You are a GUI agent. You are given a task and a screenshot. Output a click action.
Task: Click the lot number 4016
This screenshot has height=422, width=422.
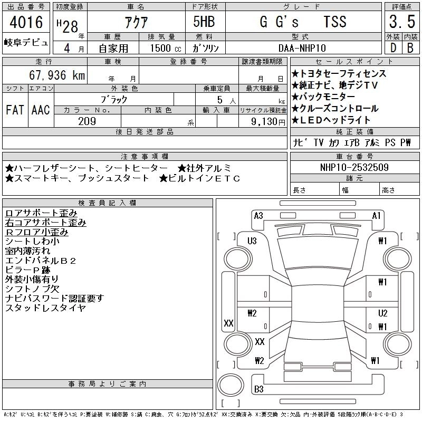(26, 22)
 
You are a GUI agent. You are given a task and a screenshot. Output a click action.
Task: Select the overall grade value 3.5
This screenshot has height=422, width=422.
(402, 22)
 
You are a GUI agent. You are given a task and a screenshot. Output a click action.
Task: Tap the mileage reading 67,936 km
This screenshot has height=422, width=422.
(57, 75)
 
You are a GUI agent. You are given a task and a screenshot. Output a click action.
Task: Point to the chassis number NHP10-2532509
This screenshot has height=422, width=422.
(354, 167)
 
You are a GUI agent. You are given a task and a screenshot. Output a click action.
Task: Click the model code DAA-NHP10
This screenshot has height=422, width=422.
(302, 48)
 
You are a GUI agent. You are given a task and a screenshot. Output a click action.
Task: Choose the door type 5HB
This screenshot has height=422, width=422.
(204, 22)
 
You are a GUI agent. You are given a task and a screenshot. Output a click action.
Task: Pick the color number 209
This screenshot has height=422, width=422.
(87, 121)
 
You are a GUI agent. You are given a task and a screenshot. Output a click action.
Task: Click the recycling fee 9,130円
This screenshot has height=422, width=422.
(268, 122)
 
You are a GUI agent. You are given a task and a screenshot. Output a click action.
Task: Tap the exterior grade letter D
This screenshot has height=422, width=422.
(394, 48)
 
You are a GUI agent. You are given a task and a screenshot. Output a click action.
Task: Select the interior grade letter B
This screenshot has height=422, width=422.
(410, 48)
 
